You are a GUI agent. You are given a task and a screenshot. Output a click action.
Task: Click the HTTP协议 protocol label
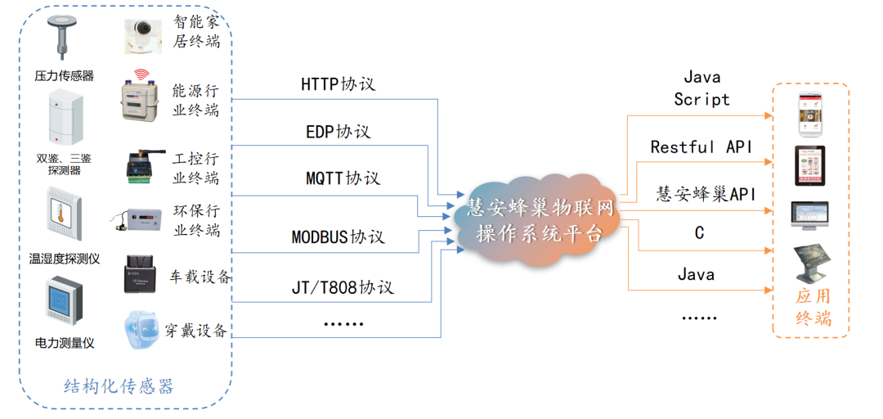[338, 84]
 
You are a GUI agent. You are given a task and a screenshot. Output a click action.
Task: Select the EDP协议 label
[338, 132]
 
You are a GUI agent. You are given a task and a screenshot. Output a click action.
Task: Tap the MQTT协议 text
[343, 178]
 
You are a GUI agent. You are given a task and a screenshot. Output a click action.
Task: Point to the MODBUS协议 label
[338, 238]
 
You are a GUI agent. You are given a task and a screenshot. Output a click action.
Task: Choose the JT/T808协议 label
[343, 287]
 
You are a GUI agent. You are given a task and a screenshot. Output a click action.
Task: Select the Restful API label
[701, 147]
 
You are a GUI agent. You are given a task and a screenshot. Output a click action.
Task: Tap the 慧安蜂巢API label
[706, 194]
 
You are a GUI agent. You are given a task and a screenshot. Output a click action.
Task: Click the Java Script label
[701, 88]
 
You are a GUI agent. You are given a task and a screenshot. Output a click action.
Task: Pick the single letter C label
[699, 233]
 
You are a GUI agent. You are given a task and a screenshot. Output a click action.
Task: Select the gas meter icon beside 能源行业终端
[142, 97]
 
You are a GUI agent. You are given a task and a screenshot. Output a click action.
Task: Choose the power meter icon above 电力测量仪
[64, 303]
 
